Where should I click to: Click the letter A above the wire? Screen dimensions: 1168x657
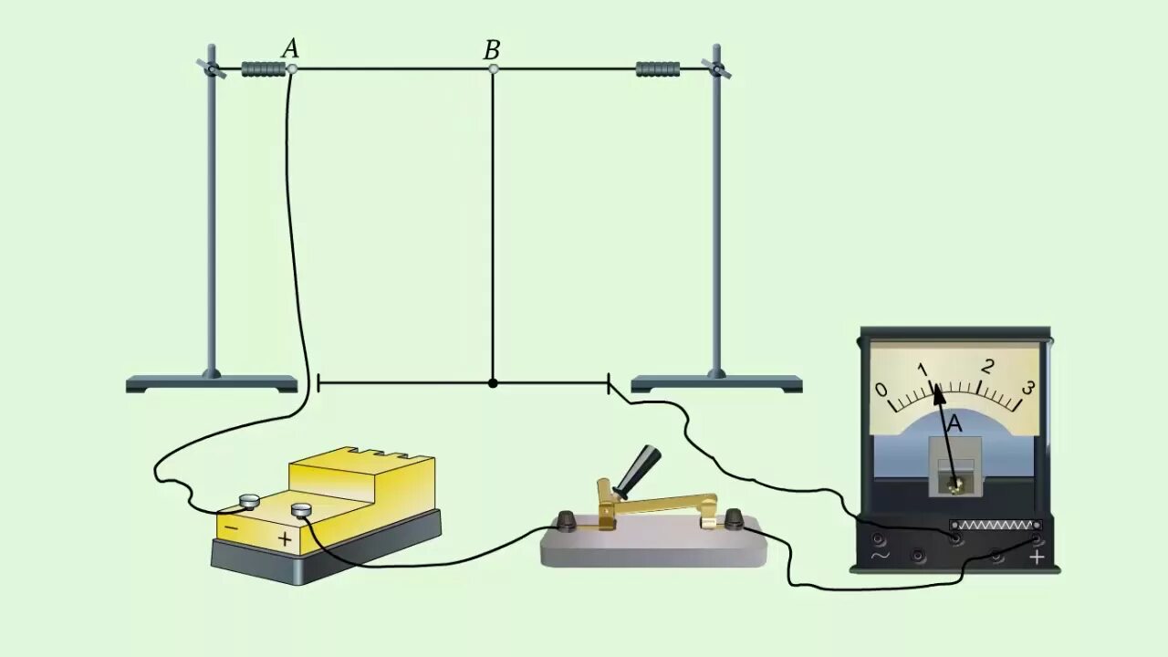pos(290,48)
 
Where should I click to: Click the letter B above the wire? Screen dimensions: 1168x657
pos(492,50)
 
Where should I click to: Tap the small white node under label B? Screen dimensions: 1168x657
pos(493,68)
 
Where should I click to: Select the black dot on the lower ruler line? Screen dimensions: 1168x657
pos(493,383)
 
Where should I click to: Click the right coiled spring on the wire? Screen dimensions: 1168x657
pos(657,69)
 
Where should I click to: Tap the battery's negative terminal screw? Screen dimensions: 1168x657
pos(250,500)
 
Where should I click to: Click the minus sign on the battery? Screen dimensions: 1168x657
pos(232,527)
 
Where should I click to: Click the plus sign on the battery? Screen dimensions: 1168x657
pos(285,538)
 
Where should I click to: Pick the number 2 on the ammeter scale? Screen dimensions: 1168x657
pos(987,367)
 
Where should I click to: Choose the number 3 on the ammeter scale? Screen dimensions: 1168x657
pos(1027,388)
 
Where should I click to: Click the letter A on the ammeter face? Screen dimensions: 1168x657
pos(954,423)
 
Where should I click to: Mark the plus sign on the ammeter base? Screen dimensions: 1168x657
pos(1037,557)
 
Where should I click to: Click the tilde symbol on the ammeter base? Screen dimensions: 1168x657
pos(881,555)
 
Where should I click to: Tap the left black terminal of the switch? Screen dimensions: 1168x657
pos(566,521)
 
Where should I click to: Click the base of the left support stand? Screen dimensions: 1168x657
pos(212,384)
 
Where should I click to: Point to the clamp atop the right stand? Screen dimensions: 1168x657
pos(716,68)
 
